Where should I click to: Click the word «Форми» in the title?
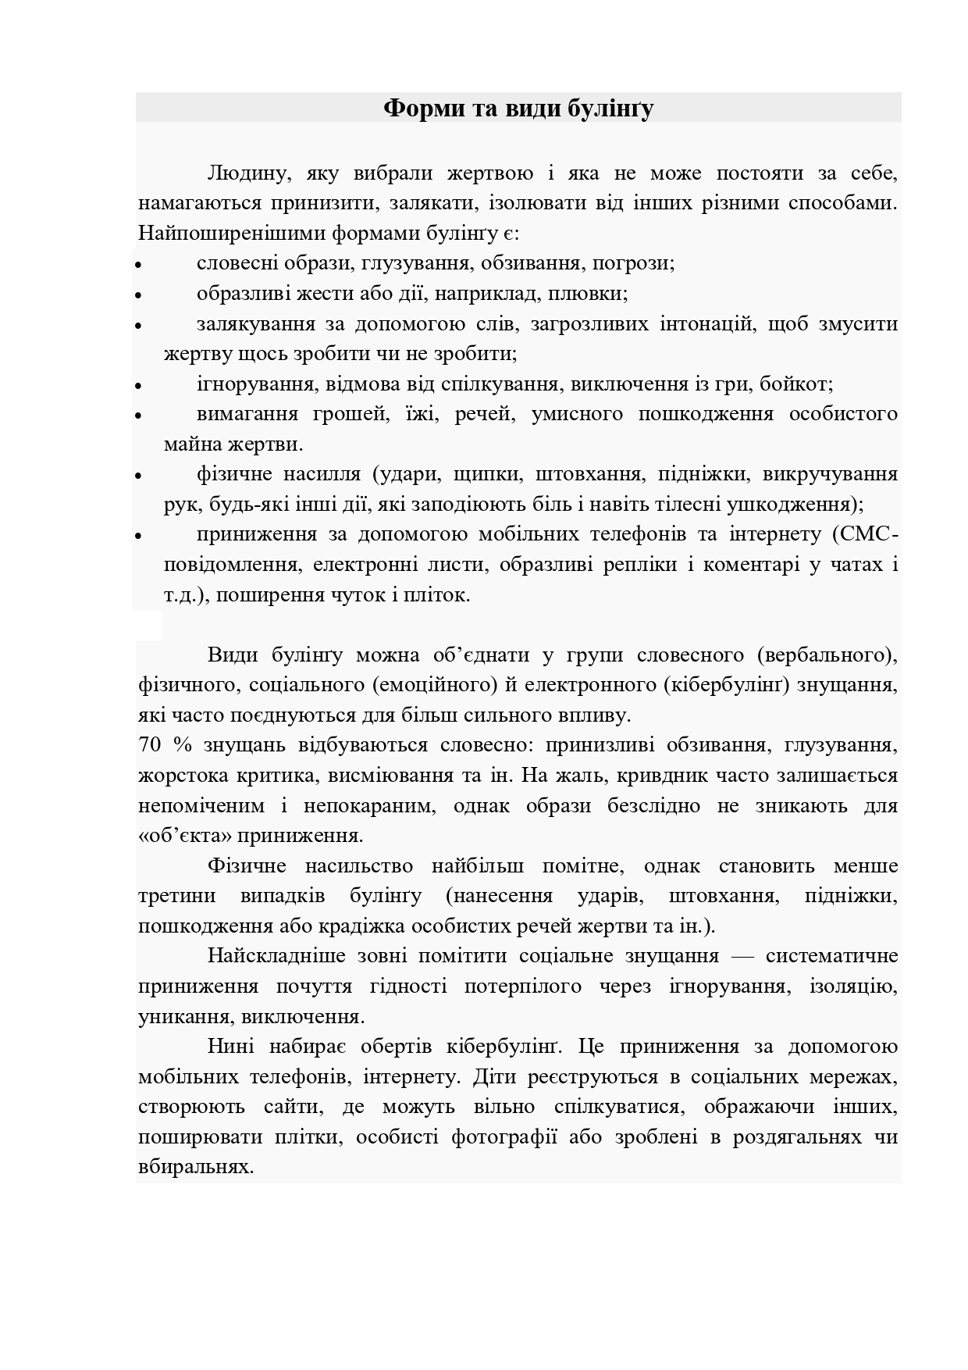pyautogui.click(x=424, y=108)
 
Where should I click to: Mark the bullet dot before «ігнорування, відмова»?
pyautogui.click(x=138, y=387)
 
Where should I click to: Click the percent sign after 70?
pyautogui.click(x=182, y=744)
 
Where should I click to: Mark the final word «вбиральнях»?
pyautogui.click(x=196, y=1167)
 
